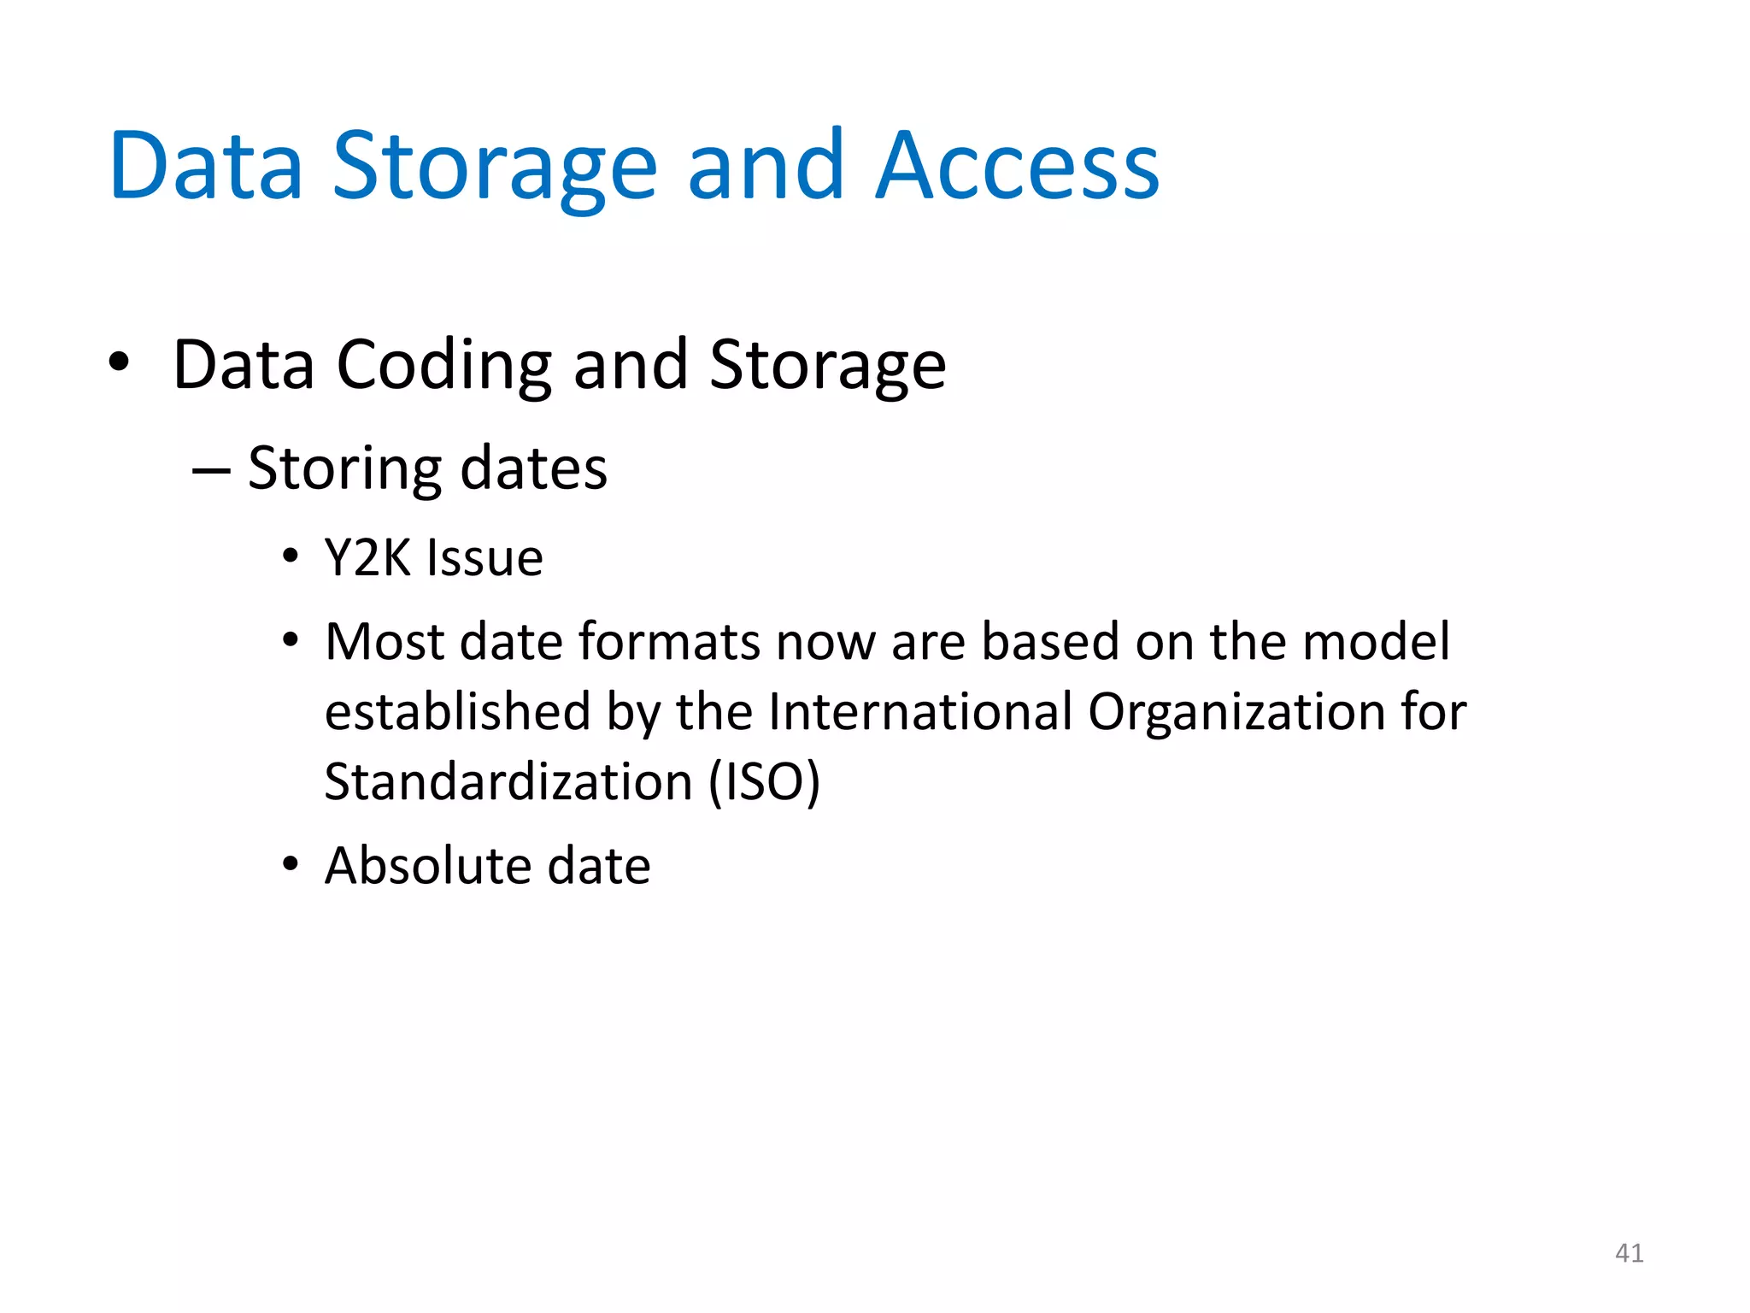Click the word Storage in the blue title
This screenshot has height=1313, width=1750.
coord(494,167)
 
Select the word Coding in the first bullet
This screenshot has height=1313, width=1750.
coord(444,365)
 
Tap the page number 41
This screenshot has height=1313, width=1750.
coord(1629,1253)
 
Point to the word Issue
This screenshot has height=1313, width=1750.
coord(484,558)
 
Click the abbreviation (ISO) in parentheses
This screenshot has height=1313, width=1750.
coord(764,781)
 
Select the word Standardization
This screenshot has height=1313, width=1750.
coord(508,781)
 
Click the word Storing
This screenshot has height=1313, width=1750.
coord(345,469)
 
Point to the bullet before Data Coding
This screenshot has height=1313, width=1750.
coord(119,362)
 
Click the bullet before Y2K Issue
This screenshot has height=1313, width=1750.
coord(291,556)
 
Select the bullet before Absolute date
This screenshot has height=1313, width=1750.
coord(291,864)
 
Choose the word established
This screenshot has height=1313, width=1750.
coord(458,711)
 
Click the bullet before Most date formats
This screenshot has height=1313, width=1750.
coord(291,640)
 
